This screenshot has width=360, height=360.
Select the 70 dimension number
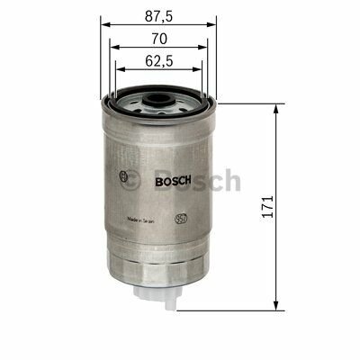[x=158, y=40]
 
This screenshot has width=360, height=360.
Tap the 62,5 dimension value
[x=158, y=63]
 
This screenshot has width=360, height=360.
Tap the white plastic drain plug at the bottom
[x=158, y=298]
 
